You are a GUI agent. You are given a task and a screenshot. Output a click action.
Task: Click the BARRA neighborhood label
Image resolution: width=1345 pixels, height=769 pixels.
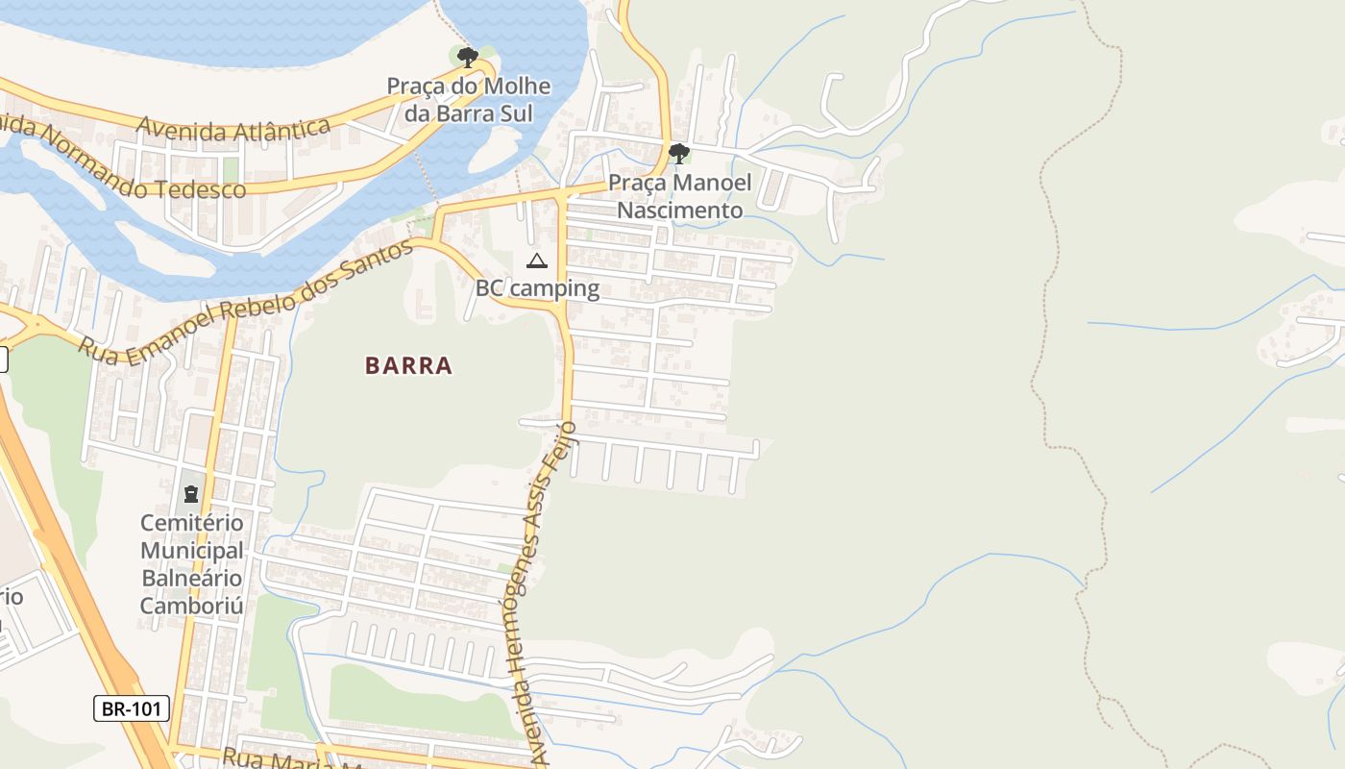(408, 365)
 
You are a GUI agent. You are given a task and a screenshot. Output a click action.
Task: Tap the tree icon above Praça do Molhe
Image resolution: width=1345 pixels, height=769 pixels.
(468, 58)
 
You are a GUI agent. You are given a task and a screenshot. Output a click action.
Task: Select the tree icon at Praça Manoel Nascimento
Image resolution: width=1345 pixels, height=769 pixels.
(679, 153)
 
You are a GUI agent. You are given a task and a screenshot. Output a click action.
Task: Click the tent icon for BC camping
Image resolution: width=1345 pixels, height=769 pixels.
(536, 260)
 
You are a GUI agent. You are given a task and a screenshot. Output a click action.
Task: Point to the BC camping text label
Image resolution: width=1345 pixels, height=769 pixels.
(537, 288)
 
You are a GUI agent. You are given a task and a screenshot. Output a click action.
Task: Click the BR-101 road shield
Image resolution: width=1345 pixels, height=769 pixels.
(133, 709)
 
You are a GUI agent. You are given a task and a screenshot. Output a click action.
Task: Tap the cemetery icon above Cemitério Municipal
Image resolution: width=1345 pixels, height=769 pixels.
(190, 494)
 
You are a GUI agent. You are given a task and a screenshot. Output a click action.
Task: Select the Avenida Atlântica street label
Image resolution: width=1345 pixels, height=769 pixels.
(233, 128)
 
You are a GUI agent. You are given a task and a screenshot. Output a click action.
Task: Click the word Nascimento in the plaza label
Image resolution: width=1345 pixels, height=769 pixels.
(679, 210)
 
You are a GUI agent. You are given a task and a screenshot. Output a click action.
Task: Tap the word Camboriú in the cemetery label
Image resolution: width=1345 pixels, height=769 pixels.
(192, 606)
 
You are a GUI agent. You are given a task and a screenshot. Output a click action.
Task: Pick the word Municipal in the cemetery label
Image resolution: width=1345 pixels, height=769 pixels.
(192, 551)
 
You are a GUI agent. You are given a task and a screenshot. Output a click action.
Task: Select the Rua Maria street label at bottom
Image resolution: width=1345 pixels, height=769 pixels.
(279, 757)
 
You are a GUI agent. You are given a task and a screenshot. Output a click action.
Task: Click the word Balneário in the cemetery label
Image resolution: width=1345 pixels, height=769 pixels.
(192, 579)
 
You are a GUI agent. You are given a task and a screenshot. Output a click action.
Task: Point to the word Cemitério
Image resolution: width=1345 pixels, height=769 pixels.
(192, 523)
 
